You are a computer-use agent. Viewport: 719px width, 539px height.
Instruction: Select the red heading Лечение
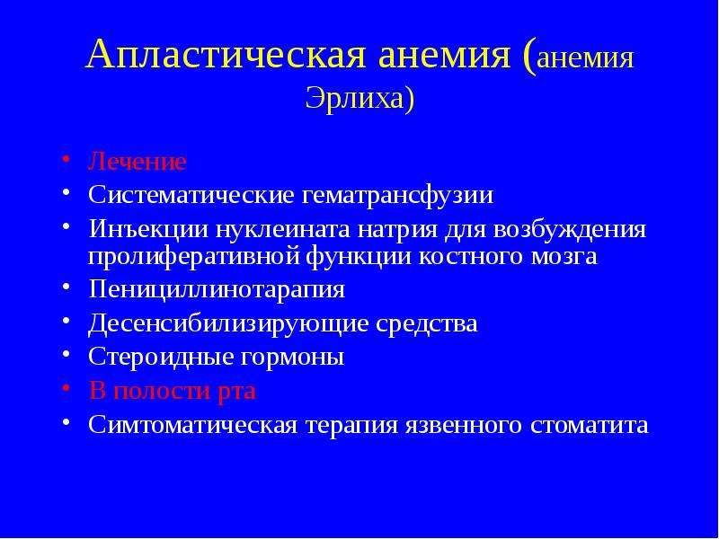[138, 162]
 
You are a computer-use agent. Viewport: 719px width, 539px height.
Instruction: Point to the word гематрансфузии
[397, 196]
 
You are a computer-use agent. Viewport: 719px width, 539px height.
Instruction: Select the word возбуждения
[570, 230]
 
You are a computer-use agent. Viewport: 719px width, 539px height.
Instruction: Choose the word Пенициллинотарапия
[217, 289]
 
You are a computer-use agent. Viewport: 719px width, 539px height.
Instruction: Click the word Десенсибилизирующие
[228, 323]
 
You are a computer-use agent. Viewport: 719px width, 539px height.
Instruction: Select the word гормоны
[292, 358]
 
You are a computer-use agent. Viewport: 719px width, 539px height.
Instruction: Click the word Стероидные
[161, 357]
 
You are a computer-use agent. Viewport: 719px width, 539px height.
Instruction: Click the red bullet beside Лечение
[66, 159]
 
